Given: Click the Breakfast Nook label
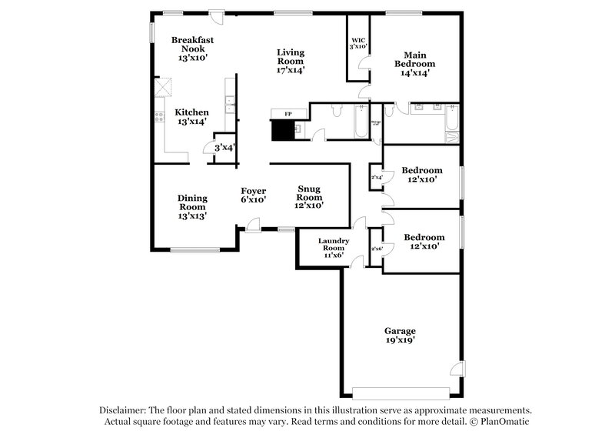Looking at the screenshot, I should [x=192, y=48].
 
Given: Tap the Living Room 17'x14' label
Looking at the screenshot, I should [x=291, y=61].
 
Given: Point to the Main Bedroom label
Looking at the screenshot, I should [x=415, y=64].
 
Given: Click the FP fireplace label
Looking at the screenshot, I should [x=288, y=114].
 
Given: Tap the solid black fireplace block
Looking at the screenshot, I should [x=284, y=129].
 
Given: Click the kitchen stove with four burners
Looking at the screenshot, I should [x=160, y=118].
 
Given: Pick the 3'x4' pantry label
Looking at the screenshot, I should [x=224, y=148].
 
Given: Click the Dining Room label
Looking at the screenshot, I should [x=192, y=206].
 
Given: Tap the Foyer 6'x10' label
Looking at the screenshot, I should [x=253, y=195].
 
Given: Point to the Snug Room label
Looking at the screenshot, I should [x=310, y=197].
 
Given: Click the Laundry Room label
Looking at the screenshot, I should [x=334, y=248].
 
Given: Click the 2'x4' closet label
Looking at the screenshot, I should [x=377, y=178].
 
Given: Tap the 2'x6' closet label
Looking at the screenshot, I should [x=377, y=249].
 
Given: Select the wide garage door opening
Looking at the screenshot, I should [x=400, y=389].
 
